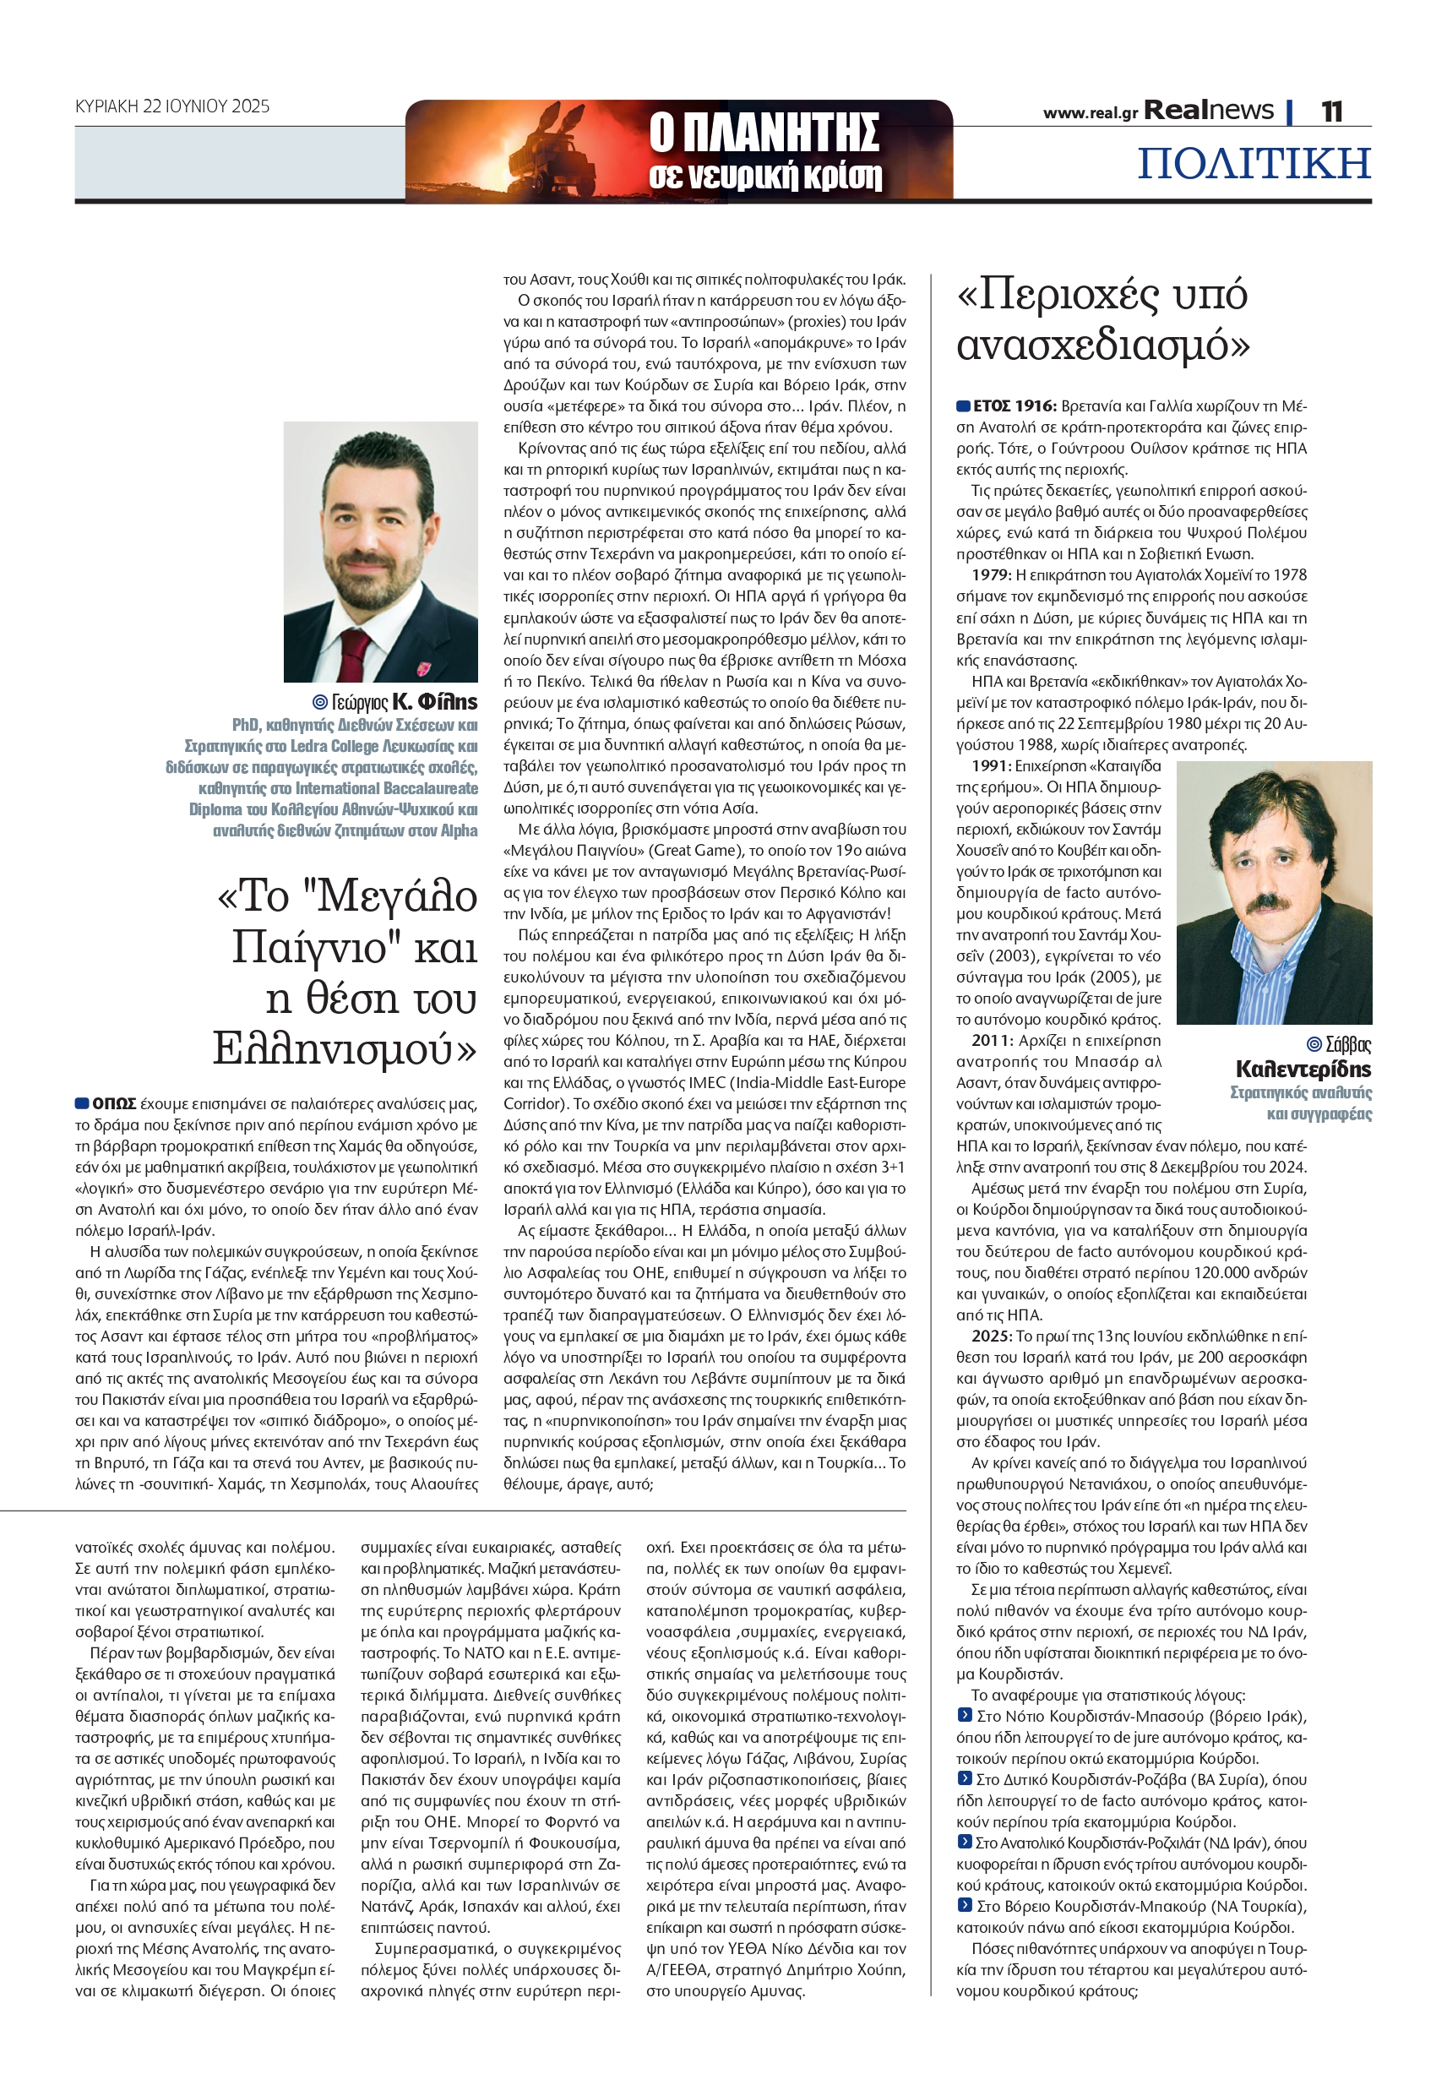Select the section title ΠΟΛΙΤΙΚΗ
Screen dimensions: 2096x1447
click(1254, 163)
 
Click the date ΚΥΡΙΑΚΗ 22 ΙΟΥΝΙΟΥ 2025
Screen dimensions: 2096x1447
click(172, 106)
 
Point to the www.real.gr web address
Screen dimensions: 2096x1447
click(1089, 113)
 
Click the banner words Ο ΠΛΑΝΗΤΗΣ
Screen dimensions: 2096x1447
click(764, 133)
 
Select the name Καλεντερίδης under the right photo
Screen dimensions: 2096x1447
click(1303, 1069)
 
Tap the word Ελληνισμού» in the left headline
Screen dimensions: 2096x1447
click(345, 1049)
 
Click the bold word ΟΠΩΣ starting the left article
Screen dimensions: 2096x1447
click(113, 1104)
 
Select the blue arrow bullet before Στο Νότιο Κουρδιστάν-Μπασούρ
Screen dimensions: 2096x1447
click(965, 1715)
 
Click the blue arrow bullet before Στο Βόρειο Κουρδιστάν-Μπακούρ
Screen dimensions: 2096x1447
click(965, 1906)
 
